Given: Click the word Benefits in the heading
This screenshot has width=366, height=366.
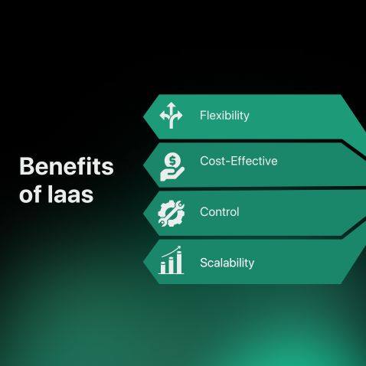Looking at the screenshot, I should [66, 166].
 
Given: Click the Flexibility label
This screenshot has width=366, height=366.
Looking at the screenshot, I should [224, 116].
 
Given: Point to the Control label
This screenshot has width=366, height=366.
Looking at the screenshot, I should [219, 211].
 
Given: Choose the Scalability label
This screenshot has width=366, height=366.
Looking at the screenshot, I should [227, 263].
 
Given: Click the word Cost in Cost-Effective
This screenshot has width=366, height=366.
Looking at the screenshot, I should [212, 161].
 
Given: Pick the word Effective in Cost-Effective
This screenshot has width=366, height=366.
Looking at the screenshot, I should [253, 161].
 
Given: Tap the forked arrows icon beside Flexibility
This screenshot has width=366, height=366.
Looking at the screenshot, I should [171, 116].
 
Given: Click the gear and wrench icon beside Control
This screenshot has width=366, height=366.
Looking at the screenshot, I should [171, 212].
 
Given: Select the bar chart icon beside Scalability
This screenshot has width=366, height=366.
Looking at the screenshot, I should [171, 261].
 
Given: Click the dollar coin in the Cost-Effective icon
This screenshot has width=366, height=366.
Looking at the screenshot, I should [173, 161].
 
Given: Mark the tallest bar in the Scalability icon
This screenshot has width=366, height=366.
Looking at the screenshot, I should [179, 263].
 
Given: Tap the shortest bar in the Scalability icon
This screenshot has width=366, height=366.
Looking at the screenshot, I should [162, 268].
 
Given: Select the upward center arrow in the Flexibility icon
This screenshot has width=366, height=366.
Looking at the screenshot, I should [171, 111].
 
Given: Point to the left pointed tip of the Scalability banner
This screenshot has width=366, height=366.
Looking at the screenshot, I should [145, 262].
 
